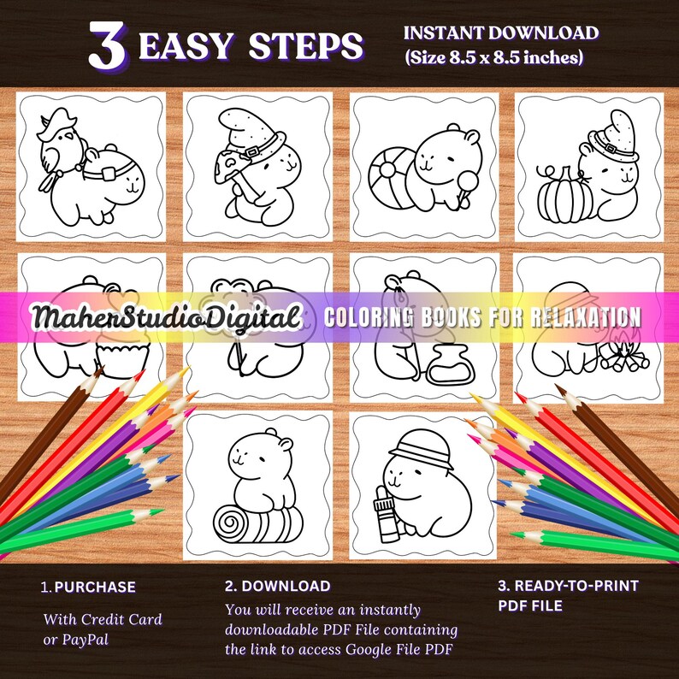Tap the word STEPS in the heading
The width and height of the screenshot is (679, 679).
pyautogui.click(x=313, y=46)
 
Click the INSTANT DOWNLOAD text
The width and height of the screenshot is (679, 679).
pyautogui.click(x=500, y=33)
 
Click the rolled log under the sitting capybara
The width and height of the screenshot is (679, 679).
pyautogui.click(x=256, y=521)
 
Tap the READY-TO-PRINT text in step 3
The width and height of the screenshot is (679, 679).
pyautogui.click(x=568, y=587)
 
